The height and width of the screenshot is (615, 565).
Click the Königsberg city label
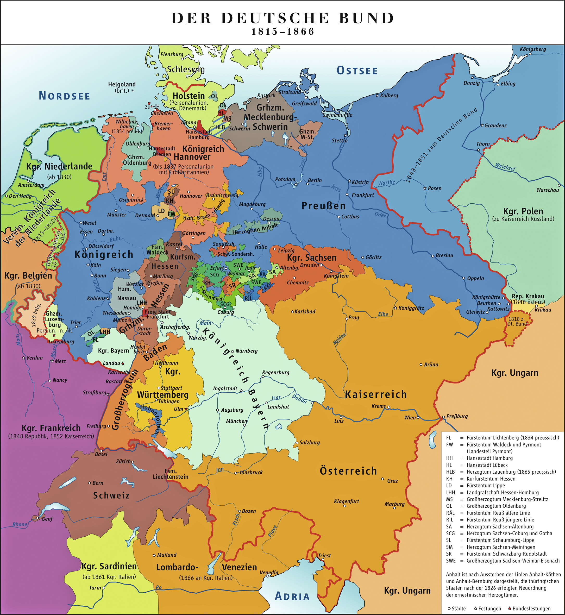coord(533,49)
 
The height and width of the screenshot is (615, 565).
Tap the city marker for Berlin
coord(307,184)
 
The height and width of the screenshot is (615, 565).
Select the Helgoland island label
coord(122,84)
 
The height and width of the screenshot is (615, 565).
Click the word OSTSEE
coord(357,71)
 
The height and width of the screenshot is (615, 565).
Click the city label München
coord(236,421)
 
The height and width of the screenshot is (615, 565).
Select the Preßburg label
coord(457,416)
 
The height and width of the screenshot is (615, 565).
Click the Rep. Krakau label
coord(528,296)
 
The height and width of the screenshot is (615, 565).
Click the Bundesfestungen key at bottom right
coord(531,608)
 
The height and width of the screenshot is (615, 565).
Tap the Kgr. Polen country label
coord(523,211)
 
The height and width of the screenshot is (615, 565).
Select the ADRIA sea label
coord(292,596)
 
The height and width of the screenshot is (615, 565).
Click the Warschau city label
coord(547,190)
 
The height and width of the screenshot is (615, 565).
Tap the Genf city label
coord(47,519)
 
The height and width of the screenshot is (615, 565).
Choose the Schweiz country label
coord(111,495)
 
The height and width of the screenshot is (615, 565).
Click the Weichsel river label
coord(505,167)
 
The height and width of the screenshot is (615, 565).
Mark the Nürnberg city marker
coord(233,351)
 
